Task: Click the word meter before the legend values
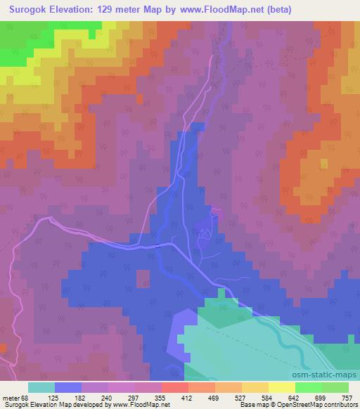[x=10, y=398]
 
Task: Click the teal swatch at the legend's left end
[x=41, y=388]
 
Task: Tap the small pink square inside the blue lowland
[x=143, y=278]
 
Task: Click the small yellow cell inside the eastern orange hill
[x=323, y=164]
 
